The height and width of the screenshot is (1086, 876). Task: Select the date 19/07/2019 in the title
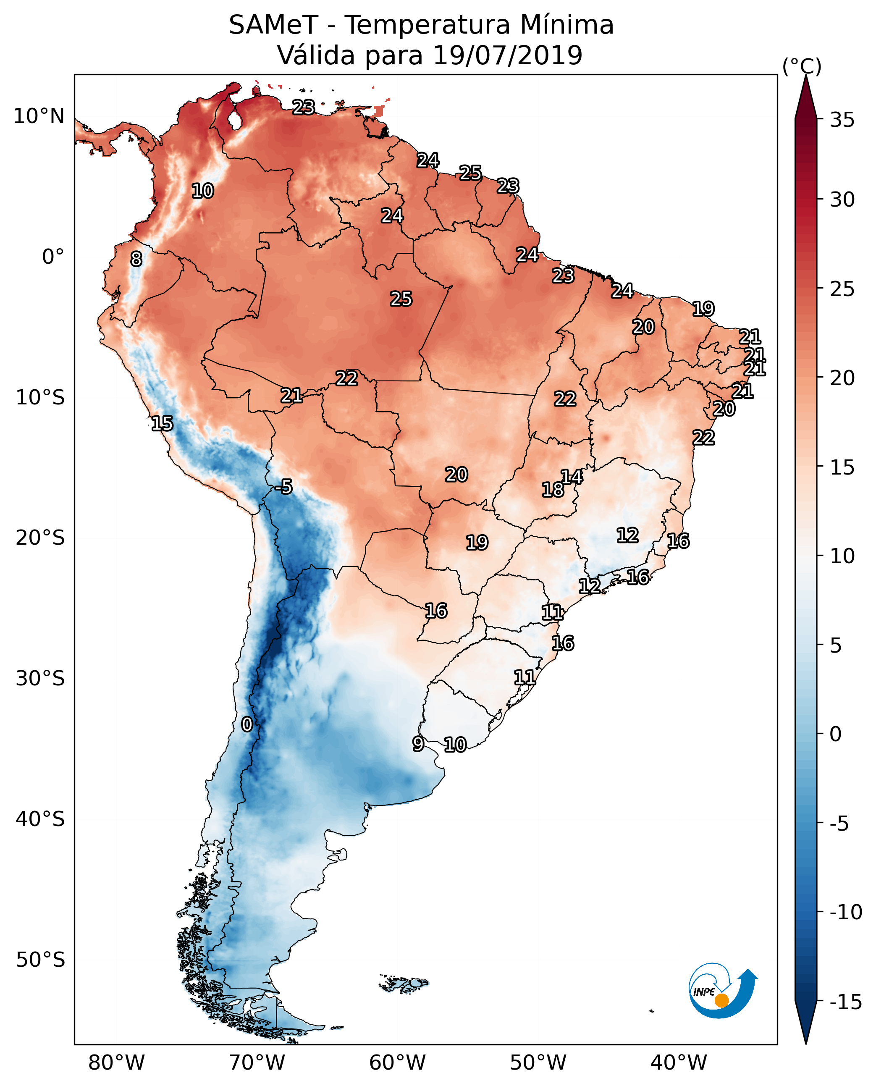click(508, 55)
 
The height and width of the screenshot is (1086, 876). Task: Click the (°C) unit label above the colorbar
click(801, 66)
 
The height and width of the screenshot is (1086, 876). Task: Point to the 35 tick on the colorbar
click(842, 120)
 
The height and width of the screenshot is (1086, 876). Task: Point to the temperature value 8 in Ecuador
click(136, 260)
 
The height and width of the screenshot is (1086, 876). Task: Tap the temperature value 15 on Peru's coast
click(162, 423)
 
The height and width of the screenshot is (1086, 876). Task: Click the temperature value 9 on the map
click(418, 744)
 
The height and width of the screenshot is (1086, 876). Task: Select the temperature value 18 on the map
click(553, 490)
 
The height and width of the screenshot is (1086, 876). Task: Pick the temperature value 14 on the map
click(572, 476)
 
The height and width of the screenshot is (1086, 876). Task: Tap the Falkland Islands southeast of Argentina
click(404, 984)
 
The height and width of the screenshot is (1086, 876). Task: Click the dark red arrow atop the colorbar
click(806, 97)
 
